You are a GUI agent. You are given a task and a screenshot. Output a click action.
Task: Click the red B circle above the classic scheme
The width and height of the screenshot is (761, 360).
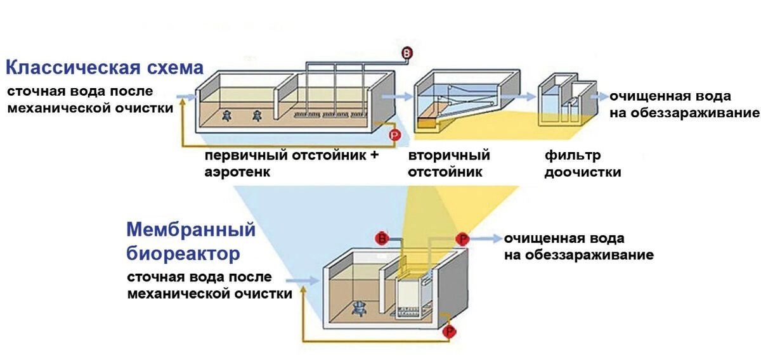point(407,54)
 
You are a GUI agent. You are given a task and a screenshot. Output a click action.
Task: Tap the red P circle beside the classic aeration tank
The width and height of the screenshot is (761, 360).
point(394,135)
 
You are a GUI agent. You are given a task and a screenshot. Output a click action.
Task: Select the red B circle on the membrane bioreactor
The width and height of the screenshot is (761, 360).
point(382,238)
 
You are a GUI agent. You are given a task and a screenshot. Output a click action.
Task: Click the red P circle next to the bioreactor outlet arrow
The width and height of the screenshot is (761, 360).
point(462,239)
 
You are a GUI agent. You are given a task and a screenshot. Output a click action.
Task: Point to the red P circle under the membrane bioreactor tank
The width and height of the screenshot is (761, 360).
point(450,331)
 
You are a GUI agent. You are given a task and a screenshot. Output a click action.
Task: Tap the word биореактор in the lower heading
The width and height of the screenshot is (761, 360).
point(183,254)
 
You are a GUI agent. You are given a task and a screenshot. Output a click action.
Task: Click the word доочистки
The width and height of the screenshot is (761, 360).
point(582,172)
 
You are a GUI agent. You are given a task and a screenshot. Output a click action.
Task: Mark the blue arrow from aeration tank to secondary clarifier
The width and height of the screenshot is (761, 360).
point(398,97)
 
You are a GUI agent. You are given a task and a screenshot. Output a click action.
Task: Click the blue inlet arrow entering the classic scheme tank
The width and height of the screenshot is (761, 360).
point(185,97)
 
